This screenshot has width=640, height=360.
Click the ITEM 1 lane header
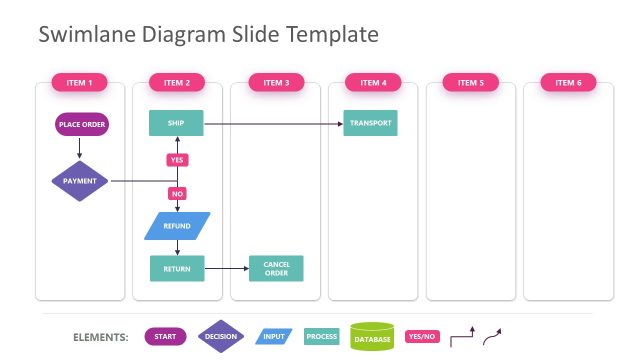79,82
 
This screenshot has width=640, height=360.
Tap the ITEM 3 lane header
275,82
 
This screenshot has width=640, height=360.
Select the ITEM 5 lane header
471,82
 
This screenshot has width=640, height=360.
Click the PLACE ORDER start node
82,124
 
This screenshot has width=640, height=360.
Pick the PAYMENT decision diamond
80,181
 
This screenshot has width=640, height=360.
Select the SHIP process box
175,123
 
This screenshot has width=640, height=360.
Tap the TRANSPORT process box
371,123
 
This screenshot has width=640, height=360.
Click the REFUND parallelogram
177,226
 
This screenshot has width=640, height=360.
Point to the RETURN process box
177,268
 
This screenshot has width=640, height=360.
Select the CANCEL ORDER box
276,268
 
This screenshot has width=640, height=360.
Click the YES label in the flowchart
177,160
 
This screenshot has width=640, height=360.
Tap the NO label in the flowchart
177,194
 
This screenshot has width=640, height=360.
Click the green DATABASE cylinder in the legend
372,337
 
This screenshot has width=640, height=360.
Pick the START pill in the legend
166,337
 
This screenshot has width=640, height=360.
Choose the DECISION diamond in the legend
220,337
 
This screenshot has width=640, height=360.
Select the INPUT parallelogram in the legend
274,337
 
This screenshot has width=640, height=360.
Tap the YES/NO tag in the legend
422,337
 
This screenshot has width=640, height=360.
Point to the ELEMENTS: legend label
101,337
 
